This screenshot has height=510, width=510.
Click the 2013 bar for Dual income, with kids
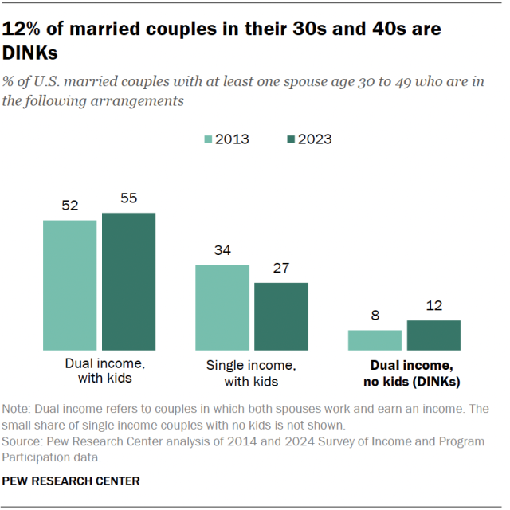[x=70, y=285]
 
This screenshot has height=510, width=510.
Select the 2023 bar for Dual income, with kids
[x=128, y=281]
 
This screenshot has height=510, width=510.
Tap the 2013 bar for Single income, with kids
[x=222, y=308]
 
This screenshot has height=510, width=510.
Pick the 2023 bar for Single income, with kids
[x=280, y=316]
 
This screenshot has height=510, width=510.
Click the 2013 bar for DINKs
[x=375, y=340]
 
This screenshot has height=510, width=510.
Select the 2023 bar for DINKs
[x=433, y=335]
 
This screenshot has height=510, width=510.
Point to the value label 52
[x=70, y=206]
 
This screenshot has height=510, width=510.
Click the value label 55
[x=128, y=198]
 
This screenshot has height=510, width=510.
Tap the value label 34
[x=222, y=251]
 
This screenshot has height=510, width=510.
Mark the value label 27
[x=280, y=269]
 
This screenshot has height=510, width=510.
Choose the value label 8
[x=375, y=316]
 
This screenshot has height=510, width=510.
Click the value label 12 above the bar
[x=433, y=306]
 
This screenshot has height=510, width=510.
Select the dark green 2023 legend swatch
[x=292, y=139]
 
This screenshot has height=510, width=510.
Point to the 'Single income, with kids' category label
[x=251, y=373]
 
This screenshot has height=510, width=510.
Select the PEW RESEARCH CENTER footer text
[x=72, y=481]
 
